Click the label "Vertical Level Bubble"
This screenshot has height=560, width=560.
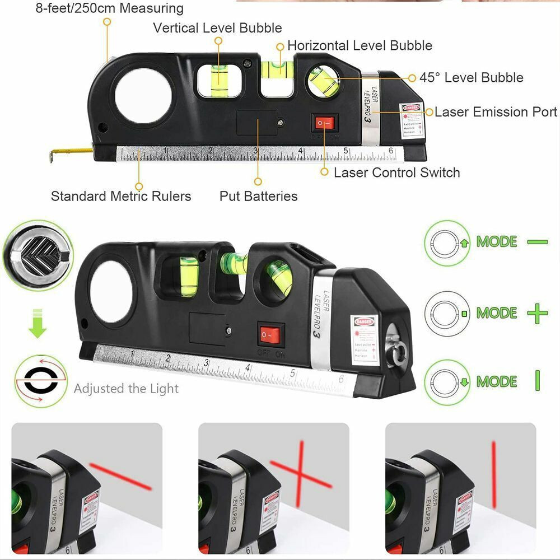click(x=217, y=27)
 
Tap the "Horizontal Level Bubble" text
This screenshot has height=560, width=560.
click(x=360, y=45)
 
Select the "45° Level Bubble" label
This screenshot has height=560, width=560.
click(x=471, y=77)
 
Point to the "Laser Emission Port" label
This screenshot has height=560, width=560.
click(x=496, y=112)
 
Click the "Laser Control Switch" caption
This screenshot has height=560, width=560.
click(x=396, y=172)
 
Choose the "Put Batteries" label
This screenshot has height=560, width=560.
click(x=258, y=196)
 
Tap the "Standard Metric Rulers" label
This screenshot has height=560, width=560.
click(x=121, y=196)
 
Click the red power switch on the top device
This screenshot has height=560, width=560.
click(x=324, y=123)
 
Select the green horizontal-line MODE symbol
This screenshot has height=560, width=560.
click(x=537, y=242)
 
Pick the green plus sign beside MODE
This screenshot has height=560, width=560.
click(x=537, y=313)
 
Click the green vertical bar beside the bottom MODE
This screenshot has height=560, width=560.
click(x=537, y=381)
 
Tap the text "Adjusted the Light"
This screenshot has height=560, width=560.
click(x=126, y=389)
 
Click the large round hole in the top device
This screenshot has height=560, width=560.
click(x=143, y=96)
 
